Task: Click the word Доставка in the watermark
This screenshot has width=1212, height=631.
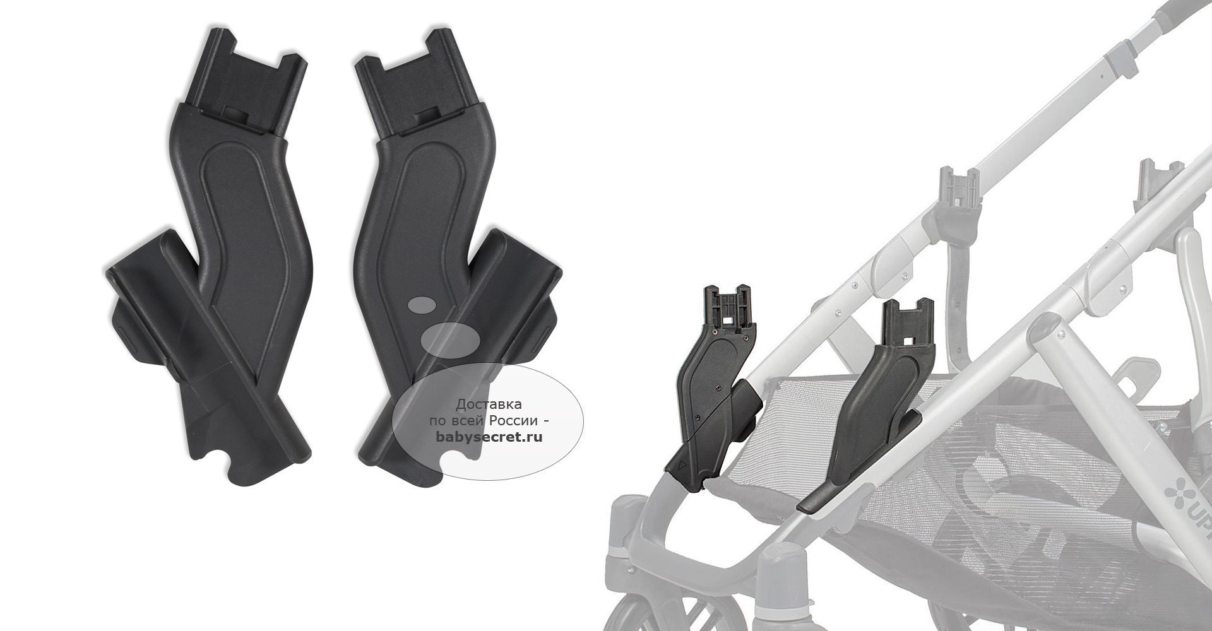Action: (x=489, y=404)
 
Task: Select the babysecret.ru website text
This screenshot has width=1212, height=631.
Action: (x=489, y=435)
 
